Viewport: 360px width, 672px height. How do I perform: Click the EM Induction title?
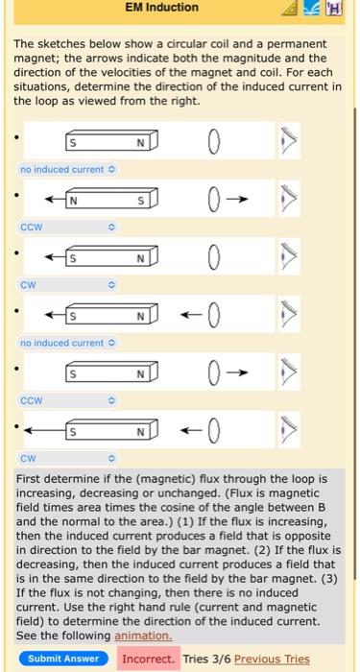pos(161,8)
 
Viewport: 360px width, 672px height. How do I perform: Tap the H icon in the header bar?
pos(334,9)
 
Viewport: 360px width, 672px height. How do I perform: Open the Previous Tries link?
pos(272,659)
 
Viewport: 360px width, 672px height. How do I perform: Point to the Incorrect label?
pos(148,659)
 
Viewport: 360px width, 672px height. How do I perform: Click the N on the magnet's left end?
pos(72,201)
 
